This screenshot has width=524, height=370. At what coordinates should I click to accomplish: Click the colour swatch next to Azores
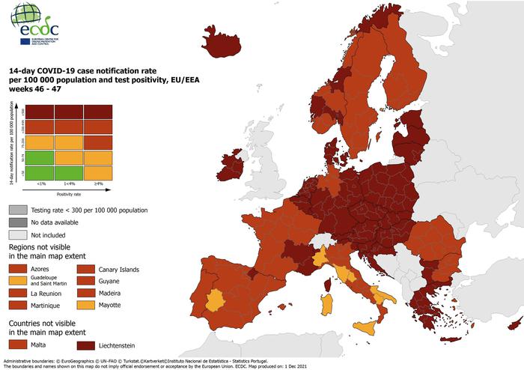(18, 268)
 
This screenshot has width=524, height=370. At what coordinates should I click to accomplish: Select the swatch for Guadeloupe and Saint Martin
(18, 280)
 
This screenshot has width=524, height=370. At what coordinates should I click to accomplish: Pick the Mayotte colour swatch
(87, 305)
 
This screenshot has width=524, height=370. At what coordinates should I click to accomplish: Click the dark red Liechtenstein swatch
(87, 345)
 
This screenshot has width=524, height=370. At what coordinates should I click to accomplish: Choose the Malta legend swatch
(18, 344)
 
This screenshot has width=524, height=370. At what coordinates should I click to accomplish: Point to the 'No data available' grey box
(18, 222)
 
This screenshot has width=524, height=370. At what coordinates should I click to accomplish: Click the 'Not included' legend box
(18, 234)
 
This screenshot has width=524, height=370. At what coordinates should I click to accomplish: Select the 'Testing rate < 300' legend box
(18, 210)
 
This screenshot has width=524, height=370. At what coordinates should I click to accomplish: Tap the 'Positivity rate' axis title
(65, 193)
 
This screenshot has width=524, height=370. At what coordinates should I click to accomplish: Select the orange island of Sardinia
(327, 303)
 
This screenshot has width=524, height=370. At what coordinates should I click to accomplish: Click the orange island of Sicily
(365, 327)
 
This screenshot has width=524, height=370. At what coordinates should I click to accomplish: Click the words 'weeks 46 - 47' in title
(35, 89)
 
